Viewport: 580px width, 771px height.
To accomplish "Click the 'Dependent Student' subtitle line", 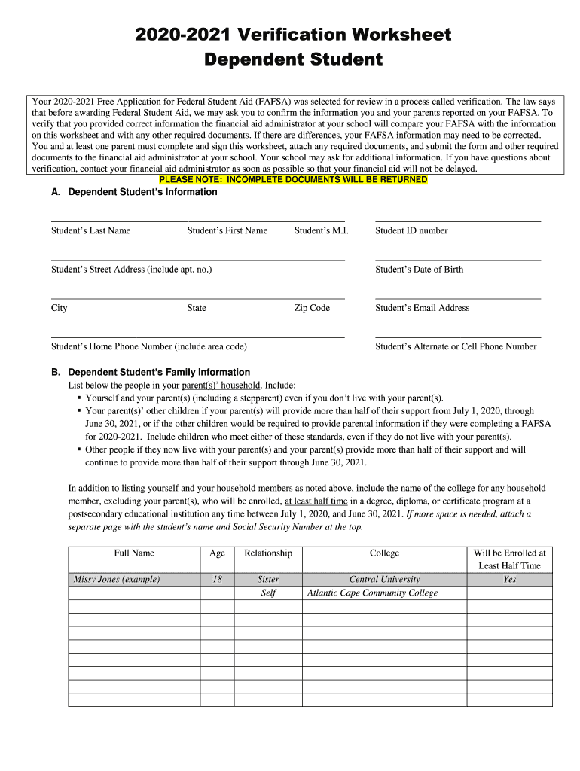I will point(294,59).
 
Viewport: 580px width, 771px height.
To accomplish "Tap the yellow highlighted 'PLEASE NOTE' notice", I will point(293,181).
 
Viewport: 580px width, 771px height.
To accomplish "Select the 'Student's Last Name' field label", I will point(90,231).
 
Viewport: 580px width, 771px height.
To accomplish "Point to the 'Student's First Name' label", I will point(227,231).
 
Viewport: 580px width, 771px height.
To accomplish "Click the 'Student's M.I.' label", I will point(321,231).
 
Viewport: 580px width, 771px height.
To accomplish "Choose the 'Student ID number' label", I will point(411,231).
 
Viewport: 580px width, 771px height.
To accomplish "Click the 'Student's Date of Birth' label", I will point(419,270).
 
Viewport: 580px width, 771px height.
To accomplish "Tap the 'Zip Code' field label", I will point(312,308).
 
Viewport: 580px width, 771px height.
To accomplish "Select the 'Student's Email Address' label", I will point(422,308).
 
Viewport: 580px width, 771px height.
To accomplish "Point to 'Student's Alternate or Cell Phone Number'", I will point(456,347).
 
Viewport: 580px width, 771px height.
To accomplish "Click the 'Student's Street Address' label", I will point(131,270).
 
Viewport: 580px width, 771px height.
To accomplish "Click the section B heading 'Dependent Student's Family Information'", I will point(159,372).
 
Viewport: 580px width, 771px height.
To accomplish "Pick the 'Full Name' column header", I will point(134,553).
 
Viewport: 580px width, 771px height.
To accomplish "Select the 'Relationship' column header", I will point(268,553).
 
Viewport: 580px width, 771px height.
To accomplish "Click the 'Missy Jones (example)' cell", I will point(117,580).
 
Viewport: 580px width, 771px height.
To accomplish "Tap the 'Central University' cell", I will point(384,580).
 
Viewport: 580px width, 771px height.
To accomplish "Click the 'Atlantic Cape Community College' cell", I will point(372,593).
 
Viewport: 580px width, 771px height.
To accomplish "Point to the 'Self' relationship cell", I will point(268,593).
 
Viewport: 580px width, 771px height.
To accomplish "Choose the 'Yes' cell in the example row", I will point(510,580).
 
